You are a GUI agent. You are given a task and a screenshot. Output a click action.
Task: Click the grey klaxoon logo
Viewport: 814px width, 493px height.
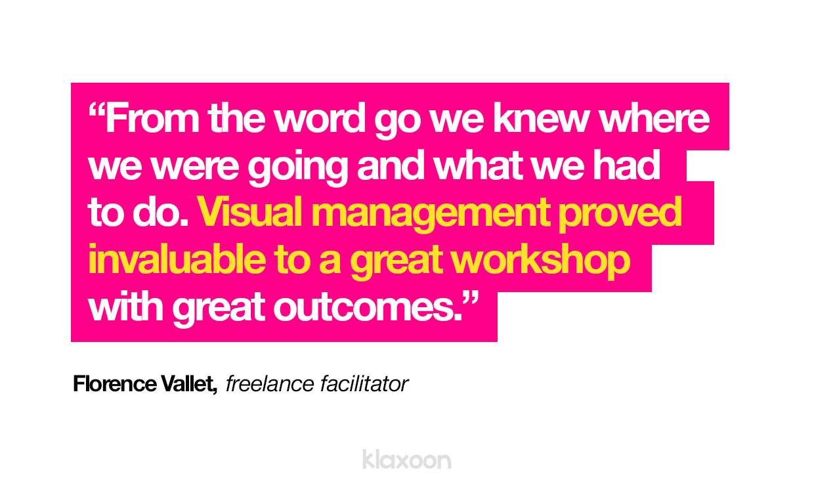pos(406,459)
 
